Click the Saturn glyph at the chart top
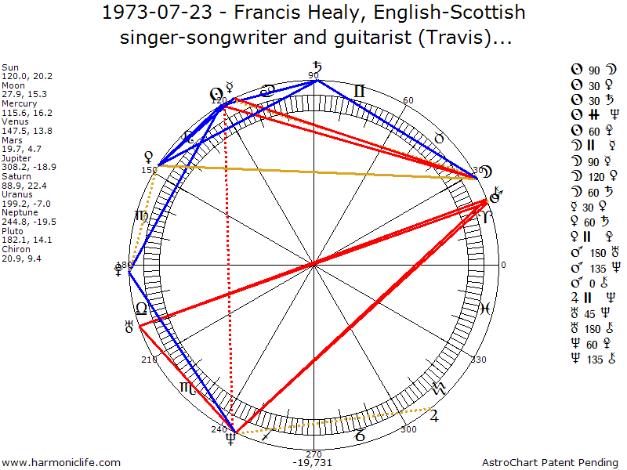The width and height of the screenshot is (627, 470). click(317, 67)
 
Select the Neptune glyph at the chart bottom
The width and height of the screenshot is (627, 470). click(230, 440)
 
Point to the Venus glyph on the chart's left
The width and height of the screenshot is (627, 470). click(147, 156)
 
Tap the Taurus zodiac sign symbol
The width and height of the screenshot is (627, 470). click(440, 138)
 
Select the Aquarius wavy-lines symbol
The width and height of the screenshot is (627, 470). click(438, 388)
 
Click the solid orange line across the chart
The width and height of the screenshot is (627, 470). click(313, 172)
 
